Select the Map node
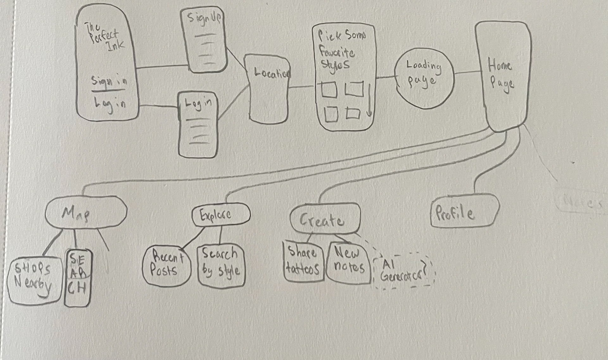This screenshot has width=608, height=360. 86,212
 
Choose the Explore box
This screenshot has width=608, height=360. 221,215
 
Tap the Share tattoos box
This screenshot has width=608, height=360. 303,262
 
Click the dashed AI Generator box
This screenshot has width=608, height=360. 403,271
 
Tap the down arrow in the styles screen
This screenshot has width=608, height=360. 369,100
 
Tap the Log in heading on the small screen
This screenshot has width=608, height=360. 198,104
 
